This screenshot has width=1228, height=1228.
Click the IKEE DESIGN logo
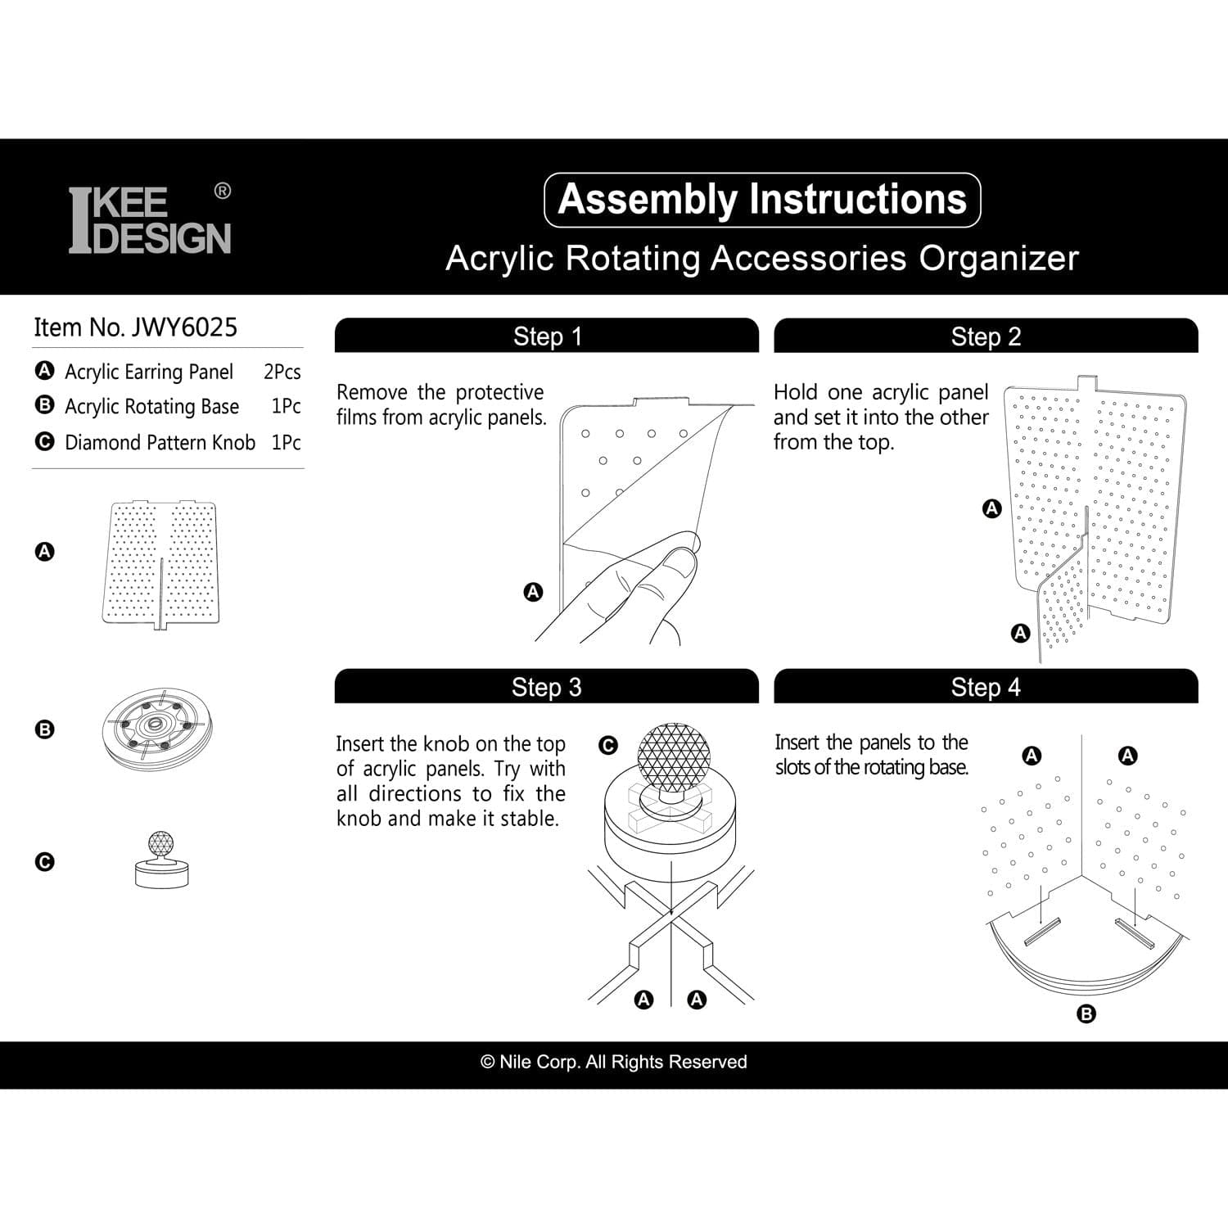(149, 220)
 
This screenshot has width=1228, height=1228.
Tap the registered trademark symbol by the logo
(222, 191)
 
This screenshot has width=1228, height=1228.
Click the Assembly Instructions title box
(762, 200)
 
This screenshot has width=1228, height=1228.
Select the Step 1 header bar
(547, 336)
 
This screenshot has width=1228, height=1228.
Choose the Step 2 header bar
(986, 336)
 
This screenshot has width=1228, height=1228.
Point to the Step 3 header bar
(547, 687)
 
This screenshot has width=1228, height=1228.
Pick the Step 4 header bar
(986, 687)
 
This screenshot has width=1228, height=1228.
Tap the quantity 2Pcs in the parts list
(282, 372)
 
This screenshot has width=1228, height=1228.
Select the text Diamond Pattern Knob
(160, 442)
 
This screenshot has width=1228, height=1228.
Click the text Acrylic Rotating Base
(151, 407)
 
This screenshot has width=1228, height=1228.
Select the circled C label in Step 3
(608, 746)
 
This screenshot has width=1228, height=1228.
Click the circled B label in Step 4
(1086, 1014)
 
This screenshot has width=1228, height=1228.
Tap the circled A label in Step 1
(533, 591)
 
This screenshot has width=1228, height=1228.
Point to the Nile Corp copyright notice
(614, 1062)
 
